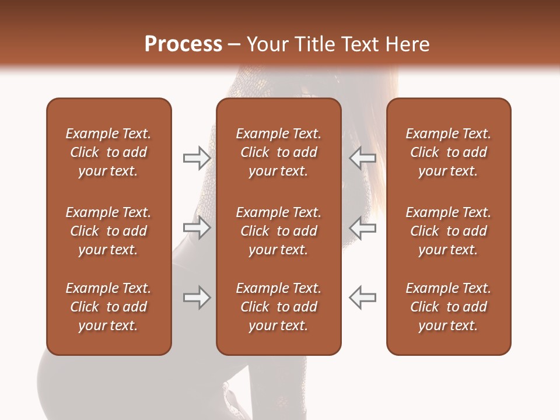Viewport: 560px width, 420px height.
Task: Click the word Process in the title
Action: coord(183,44)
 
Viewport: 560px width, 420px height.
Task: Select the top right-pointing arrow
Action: coord(197,158)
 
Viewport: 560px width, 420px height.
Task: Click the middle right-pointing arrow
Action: coord(197,228)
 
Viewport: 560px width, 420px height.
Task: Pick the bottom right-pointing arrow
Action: coord(197,297)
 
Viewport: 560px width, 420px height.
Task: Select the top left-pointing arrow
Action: coord(362,158)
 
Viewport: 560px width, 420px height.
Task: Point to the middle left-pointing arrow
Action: coord(362,228)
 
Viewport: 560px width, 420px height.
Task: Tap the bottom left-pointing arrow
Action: coord(362,297)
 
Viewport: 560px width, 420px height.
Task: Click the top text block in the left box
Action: coord(108,152)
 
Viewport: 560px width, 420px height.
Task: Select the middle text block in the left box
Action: coord(108,231)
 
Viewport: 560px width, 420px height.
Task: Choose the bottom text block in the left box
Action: coord(108,307)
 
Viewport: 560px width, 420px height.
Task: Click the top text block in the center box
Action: coord(278,152)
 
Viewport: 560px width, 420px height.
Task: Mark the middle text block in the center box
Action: coord(278,231)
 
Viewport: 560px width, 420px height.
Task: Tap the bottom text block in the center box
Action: coord(278,307)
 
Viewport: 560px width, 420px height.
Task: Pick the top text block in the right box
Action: coord(448,152)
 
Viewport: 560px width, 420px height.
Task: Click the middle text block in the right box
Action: coord(448,231)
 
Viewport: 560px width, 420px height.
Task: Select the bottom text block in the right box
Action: coord(448,307)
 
